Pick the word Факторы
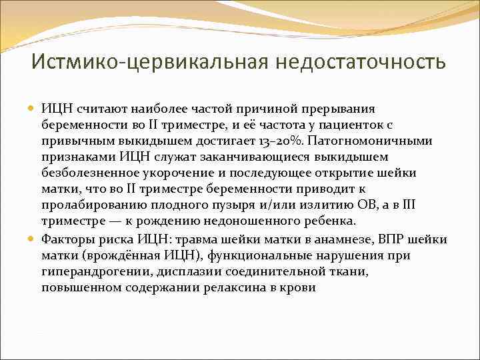(67, 240)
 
